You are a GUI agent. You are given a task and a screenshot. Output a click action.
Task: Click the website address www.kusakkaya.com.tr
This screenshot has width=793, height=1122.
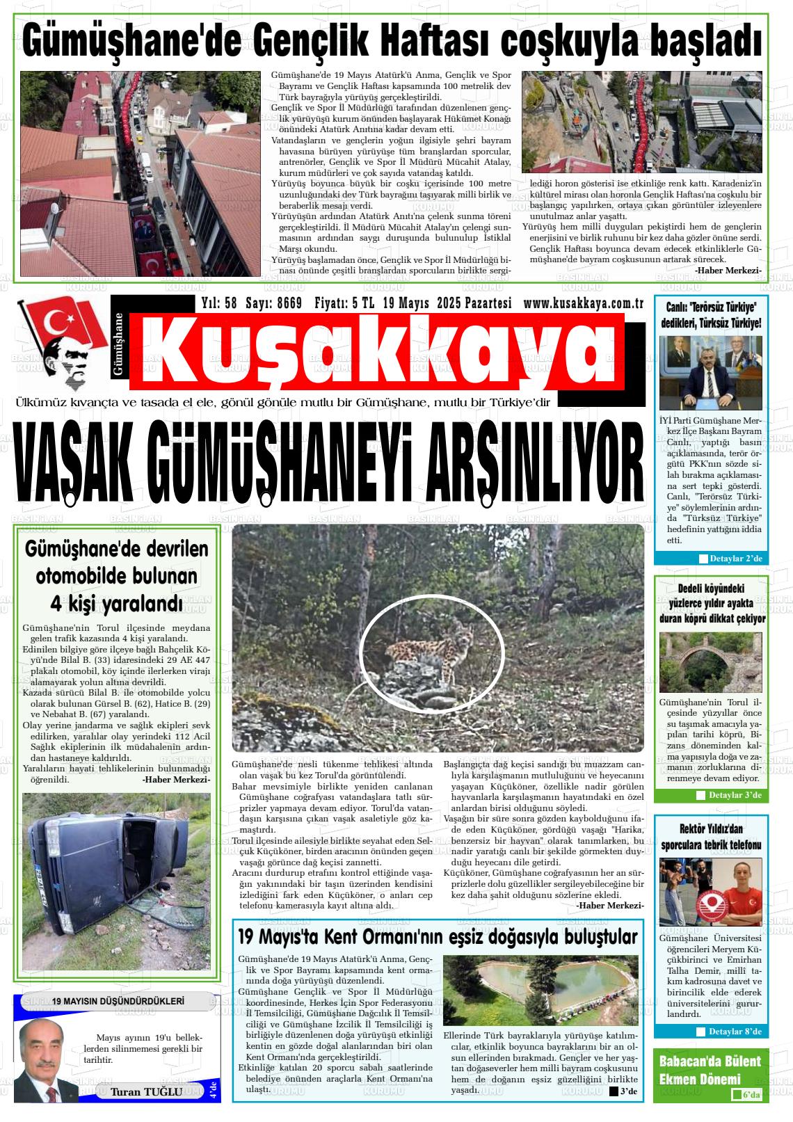click(583, 303)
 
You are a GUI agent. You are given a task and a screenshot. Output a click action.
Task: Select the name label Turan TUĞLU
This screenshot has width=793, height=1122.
click(146, 1091)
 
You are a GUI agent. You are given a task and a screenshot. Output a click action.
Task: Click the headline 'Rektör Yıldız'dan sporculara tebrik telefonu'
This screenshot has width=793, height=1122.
click(710, 837)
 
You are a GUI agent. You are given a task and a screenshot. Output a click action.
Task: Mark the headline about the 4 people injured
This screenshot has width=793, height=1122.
click(116, 576)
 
